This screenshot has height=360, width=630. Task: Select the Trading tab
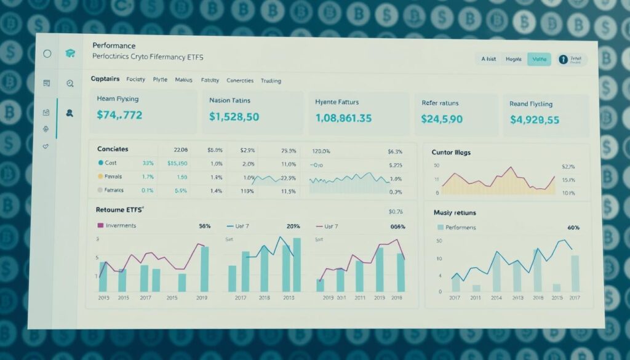click(x=271, y=81)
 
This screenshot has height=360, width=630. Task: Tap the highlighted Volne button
click(x=539, y=59)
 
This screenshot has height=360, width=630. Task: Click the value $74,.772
click(x=120, y=114)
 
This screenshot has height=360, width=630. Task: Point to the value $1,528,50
click(x=234, y=116)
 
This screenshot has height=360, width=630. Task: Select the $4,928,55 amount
click(x=534, y=119)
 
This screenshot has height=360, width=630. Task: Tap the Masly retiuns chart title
click(x=455, y=212)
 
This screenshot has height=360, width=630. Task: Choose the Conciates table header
click(x=113, y=149)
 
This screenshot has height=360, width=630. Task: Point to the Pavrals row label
click(x=114, y=177)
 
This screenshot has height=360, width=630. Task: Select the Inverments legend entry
click(x=121, y=226)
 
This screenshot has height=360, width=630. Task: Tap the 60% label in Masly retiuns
click(x=573, y=228)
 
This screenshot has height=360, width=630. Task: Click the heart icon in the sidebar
click(x=46, y=146)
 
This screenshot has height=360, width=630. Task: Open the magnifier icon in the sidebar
click(x=70, y=83)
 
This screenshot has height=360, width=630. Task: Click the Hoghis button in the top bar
click(x=513, y=59)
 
